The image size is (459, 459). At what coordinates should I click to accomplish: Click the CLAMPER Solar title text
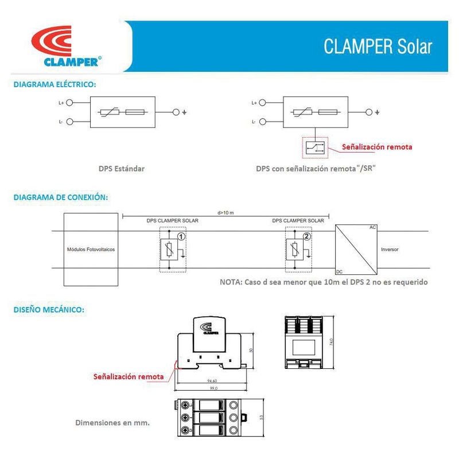pyautogui.click(x=378, y=46)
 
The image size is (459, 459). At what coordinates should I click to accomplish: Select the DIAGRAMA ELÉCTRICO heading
pyautogui.click(x=55, y=84)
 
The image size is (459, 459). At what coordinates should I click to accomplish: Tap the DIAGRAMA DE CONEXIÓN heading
pyautogui.click(x=60, y=197)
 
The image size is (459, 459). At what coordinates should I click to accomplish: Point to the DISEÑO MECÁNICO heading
pyautogui.click(x=49, y=309)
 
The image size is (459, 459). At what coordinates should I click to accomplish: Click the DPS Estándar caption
pyautogui.click(x=121, y=169)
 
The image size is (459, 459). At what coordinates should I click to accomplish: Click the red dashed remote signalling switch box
pyautogui.click(x=314, y=147)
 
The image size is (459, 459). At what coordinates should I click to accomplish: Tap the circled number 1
pyautogui.click(x=181, y=236)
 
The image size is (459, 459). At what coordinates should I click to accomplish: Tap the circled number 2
pyautogui.click(x=307, y=236)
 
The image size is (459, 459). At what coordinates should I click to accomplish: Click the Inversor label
pyautogui.click(x=389, y=250)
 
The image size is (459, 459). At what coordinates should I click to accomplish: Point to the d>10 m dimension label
pyautogui.click(x=226, y=213)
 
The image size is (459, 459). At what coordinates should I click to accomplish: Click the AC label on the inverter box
pyautogui.click(x=372, y=228)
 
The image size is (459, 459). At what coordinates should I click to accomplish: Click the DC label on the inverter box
pyautogui.click(x=339, y=271)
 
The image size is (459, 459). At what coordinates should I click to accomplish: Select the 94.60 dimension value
pyautogui.click(x=212, y=380)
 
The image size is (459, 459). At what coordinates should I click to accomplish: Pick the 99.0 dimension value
pyautogui.click(x=212, y=388)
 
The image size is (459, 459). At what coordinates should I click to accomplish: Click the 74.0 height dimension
pyautogui.click(x=331, y=342)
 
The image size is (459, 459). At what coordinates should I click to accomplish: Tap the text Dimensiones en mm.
pyautogui.click(x=112, y=423)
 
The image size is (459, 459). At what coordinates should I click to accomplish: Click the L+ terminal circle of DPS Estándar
pyautogui.click(x=70, y=103)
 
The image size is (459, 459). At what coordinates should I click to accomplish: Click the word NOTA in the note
pyautogui.click(x=231, y=282)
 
